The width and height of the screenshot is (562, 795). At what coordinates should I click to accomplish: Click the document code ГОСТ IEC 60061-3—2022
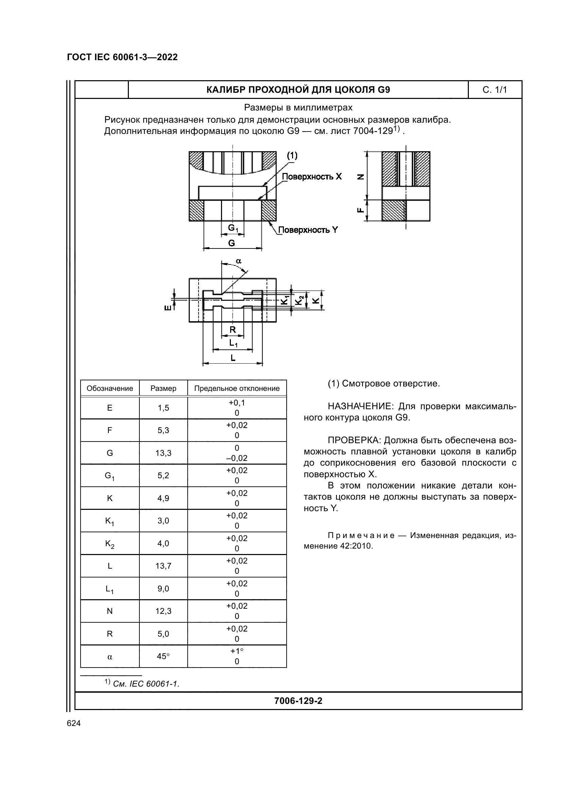pos(122,57)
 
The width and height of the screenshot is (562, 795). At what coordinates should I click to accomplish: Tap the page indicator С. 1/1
pos(494,90)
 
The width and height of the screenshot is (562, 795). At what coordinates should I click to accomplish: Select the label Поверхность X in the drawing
pos(312,177)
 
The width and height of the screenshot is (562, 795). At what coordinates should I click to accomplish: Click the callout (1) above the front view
pos(292,156)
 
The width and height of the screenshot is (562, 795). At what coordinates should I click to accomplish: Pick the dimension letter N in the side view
pos(361,177)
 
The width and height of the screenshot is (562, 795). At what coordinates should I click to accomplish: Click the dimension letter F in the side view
pos(361,210)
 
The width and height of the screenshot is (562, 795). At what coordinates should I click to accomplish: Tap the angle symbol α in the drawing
pos(239,261)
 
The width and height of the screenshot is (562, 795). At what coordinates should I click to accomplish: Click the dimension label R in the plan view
pos(233,330)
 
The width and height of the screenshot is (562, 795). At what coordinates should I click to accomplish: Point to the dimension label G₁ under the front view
pos(233,228)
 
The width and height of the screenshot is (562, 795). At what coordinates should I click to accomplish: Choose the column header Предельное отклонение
pos(237,388)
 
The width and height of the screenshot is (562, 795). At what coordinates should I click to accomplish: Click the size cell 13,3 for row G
pos(163,453)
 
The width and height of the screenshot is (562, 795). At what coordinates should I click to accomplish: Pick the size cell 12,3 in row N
pos(163,611)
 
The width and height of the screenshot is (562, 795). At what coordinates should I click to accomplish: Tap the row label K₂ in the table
pos(110,543)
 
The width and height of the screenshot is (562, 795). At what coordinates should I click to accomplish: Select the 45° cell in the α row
pos(163,656)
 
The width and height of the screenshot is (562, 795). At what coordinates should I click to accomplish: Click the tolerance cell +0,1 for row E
pos(237,403)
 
